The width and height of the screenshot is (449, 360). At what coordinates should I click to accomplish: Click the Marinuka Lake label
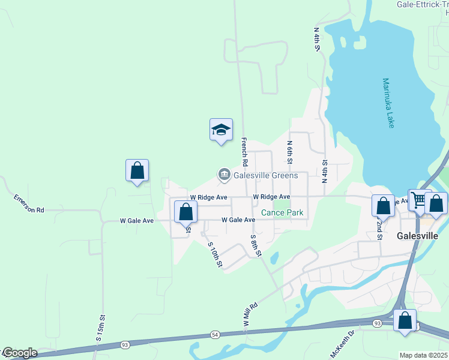point(388,103)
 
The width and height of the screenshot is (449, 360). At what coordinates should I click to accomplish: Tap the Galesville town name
point(421,236)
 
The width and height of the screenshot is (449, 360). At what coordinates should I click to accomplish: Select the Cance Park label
point(282,212)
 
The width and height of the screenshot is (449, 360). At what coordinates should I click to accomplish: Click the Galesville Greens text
point(265,175)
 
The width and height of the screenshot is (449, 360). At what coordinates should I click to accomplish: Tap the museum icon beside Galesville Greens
point(224,175)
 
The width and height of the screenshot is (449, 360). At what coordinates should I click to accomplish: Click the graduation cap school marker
point(221,130)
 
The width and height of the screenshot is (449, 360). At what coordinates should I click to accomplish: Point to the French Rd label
point(244,151)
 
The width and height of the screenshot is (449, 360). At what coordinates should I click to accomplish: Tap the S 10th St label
point(215,254)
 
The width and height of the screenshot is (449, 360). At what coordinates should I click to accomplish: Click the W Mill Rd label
point(250,314)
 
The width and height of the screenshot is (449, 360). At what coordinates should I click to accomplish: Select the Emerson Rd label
point(29,203)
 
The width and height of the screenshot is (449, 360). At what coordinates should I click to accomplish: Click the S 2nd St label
point(379,229)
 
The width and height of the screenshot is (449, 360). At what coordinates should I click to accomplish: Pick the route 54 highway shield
point(214,334)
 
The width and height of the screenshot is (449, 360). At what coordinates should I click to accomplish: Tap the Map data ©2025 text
point(423,355)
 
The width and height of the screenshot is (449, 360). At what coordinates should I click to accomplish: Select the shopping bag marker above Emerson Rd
point(137,170)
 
